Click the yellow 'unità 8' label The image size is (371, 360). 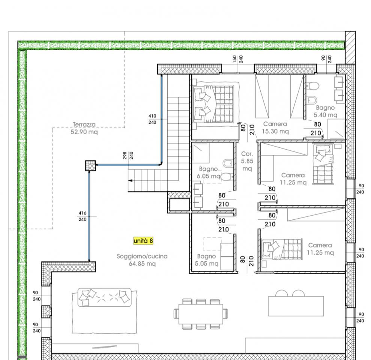(143, 241)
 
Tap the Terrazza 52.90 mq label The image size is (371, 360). (84, 128)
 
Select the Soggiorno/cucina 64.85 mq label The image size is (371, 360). (142, 260)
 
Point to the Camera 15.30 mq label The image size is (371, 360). (275, 127)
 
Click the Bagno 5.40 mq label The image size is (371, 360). (325, 111)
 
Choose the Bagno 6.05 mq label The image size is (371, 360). (209, 172)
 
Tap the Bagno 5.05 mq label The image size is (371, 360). (207, 260)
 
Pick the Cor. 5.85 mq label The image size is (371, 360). (247, 161)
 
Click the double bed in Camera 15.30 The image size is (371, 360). (214, 104)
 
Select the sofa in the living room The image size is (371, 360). (105, 297)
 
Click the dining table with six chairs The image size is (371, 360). (201, 314)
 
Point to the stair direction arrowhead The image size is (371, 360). (130, 180)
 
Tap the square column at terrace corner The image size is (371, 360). (90, 166)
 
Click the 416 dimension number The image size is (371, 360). (82, 213)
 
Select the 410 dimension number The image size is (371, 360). (152, 116)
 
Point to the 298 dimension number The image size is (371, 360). (125, 155)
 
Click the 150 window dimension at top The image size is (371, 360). (234, 59)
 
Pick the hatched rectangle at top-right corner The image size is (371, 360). (350, 48)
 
